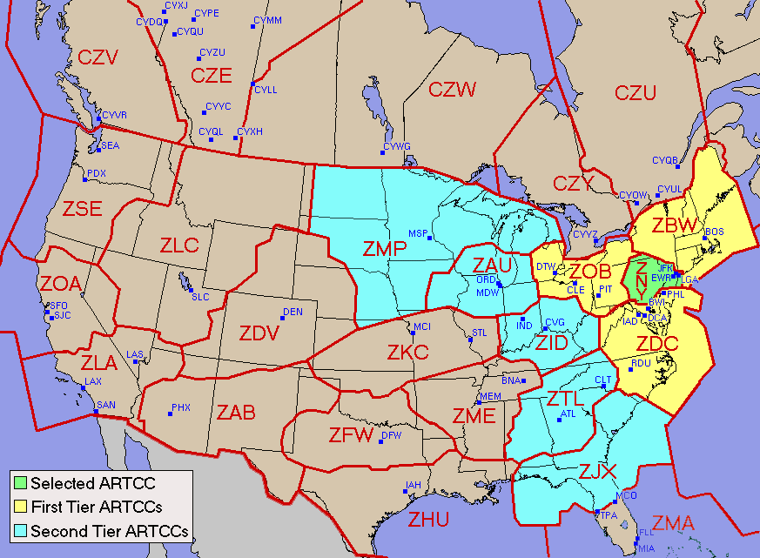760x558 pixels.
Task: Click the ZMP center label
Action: (x=385, y=250)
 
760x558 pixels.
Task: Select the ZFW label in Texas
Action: (x=351, y=434)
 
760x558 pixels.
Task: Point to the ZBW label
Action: (x=675, y=226)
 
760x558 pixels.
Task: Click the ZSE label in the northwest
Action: (x=82, y=209)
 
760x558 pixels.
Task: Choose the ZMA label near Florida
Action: (x=674, y=524)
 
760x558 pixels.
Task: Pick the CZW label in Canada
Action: (x=453, y=89)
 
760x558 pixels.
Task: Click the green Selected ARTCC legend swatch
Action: (x=20, y=482)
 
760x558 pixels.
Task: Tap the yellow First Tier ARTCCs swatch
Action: (x=20, y=506)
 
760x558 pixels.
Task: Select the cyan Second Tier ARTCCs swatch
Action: (x=20, y=529)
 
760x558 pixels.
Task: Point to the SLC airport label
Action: (x=200, y=297)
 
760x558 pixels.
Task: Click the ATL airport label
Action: (x=569, y=413)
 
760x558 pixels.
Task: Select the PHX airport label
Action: (x=181, y=407)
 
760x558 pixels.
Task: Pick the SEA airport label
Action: (x=111, y=145)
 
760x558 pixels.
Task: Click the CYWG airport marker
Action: (x=382, y=153)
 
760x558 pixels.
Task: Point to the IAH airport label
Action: (x=414, y=485)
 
